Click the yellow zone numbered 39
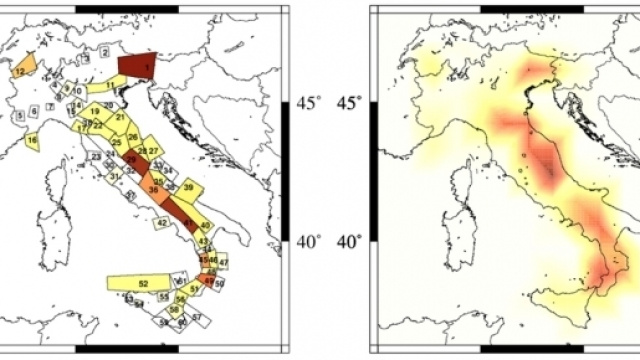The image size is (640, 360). click(189, 188)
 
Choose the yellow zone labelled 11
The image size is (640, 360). click(108, 86)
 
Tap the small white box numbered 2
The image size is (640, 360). click(104, 51)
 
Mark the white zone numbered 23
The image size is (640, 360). click(95, 157)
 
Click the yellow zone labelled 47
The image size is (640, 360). click(224, 262)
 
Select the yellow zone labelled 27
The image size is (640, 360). click(154, 150)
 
